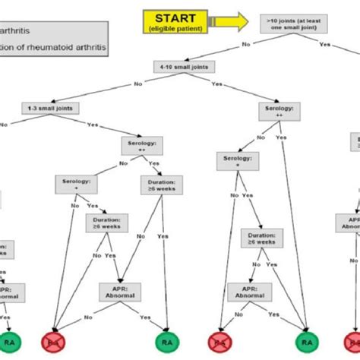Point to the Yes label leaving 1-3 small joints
93,124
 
